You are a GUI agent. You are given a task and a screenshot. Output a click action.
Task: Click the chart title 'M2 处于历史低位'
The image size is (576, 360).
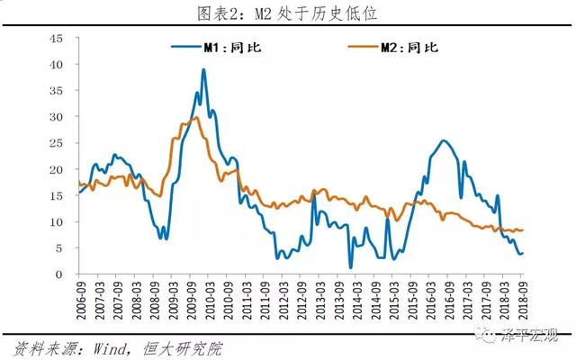click(288, 12)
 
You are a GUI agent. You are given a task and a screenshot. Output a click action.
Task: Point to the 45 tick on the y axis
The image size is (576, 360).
click(56, 38)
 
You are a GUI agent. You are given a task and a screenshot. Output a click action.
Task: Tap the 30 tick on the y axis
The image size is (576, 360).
click(56, 117)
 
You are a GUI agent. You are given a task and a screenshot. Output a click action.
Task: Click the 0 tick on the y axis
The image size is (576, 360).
click(59, 274)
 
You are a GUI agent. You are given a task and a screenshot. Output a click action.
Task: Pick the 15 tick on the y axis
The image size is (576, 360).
click(56, 195)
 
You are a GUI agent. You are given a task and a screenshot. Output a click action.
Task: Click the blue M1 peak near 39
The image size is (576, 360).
click(203, 70)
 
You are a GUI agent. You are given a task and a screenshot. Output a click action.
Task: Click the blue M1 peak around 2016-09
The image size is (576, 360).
click(443, 140)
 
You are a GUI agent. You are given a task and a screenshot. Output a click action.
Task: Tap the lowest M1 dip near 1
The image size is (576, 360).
click(350, 266)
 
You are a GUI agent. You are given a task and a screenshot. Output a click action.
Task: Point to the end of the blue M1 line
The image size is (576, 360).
click(522, 253)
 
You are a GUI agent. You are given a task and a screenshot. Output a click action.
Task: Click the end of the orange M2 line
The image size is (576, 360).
click(522, 230)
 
